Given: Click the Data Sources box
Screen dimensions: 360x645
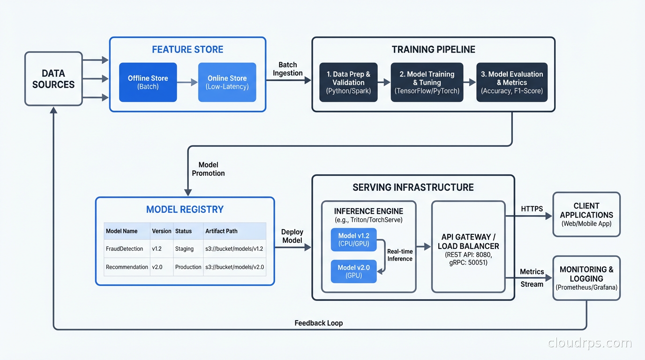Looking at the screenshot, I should coord(53,79).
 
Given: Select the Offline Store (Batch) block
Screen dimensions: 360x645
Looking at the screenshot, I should coord(148,82).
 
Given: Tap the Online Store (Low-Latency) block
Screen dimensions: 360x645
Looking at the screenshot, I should coord(227,82).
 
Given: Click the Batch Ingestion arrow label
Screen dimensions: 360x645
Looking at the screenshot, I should coord(288,69).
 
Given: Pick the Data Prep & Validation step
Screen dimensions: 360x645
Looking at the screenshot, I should coord(348,82).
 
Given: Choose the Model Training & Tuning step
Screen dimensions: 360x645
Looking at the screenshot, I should coord(427,82).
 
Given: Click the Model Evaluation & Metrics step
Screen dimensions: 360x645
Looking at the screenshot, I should coord(512,82).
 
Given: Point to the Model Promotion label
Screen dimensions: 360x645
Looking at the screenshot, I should coord(208,169).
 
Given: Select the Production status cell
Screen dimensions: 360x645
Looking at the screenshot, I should coord(188,267).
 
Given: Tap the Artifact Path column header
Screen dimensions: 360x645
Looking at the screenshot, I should coord(221,231).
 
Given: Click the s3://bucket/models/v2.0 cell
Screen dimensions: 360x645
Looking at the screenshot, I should coord(234,267).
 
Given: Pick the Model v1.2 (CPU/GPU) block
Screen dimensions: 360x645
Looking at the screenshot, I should coord(354,240).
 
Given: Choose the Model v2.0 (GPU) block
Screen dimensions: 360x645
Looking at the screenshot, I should coord(354,271).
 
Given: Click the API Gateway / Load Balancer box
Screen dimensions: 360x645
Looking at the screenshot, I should coord(468,247).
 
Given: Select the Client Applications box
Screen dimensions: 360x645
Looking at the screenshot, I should coord(586,214).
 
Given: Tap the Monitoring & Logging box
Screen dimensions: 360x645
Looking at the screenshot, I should coord(586,278).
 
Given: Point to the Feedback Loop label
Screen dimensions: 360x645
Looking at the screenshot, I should coord(319,323).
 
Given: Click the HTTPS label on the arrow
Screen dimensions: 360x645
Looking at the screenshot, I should coord(532,209).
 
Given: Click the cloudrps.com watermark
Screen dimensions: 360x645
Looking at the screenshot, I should coord(590,343).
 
